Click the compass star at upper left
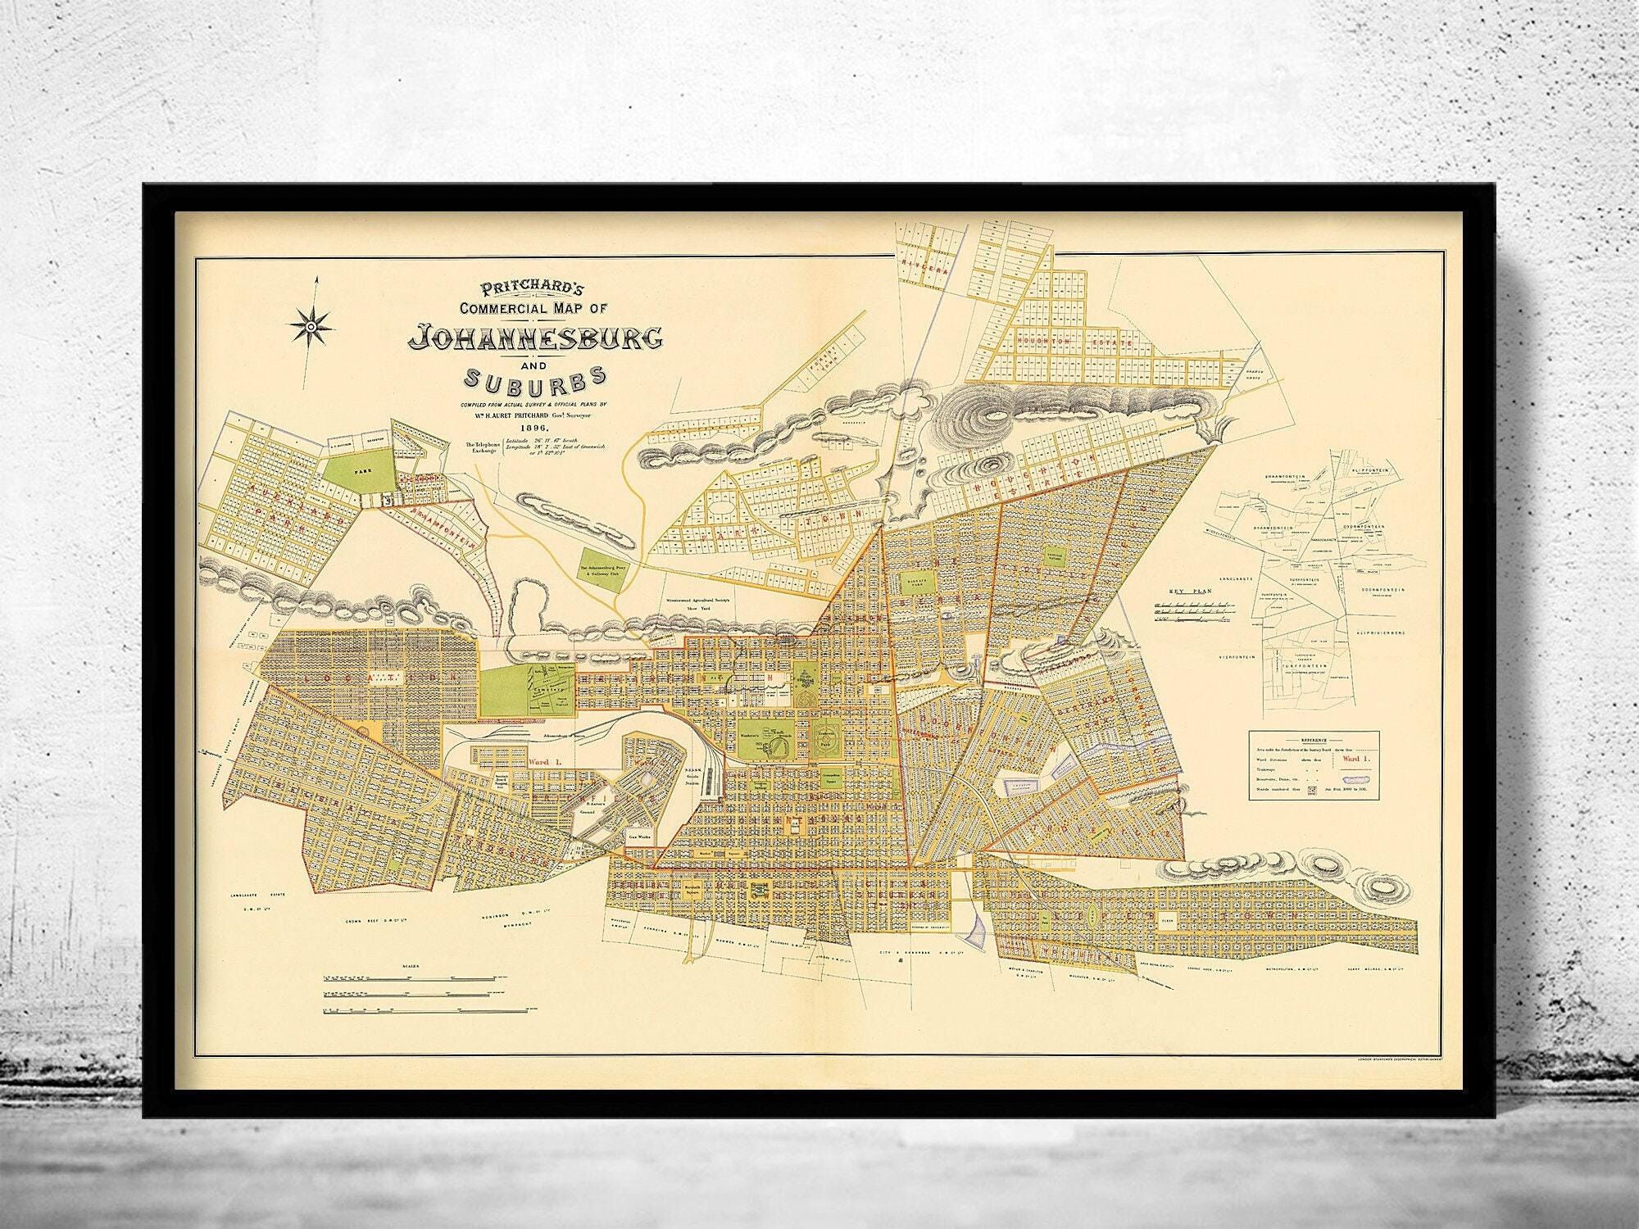[311, 327]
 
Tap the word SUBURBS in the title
[535, 378]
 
